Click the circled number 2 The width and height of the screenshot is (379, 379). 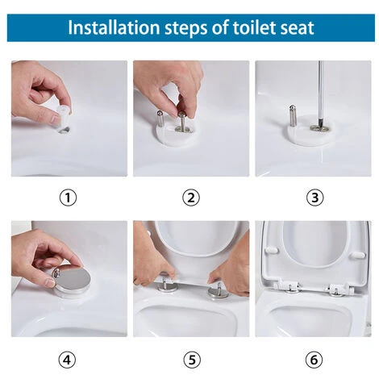tap(191, 197)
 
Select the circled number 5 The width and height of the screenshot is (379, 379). tap(191, 357)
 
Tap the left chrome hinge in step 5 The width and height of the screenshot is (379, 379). tap(168, 284)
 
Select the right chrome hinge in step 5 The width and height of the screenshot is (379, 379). tap(218, 288)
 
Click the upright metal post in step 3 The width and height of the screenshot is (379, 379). tap(293, 115)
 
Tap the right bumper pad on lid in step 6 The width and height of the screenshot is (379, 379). tap(357, 256)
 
